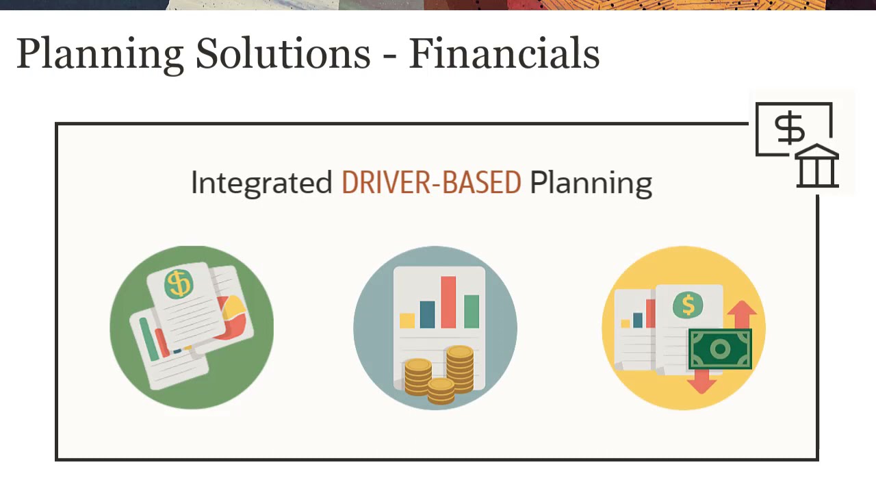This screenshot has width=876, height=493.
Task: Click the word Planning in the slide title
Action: pyautogui.click(x=100, y=53)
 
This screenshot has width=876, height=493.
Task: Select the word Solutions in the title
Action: pyautogui.click(x=283, y=53)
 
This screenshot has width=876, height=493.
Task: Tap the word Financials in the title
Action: pyautogui.click(x=504, y=53)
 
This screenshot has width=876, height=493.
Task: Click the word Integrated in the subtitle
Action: pyautogui.click(x=261, y=184)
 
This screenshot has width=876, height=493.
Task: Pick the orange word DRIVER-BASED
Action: pyautogui.click(x=431, y=183)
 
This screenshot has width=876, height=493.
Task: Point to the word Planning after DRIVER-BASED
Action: pyautogui.click(x=591, y=184)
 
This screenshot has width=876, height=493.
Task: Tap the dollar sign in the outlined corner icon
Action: pyautogui.click(x=789, y=129)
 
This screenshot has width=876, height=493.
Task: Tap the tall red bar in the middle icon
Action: pyautogui.click(x=448, y=302)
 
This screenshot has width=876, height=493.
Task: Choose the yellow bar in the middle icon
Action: pyautogui.click(x=407, y=320)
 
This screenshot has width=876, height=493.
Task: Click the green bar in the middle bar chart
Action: pyautogui.click(x=472, y=311)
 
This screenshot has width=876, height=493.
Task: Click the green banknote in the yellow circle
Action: pyautogui.click(x=720, y=350)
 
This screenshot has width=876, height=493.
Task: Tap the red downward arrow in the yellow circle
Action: pyautogui.click(x=701, y=383)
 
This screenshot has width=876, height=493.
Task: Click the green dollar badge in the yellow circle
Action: pyautogui.click(x=688, y=305)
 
